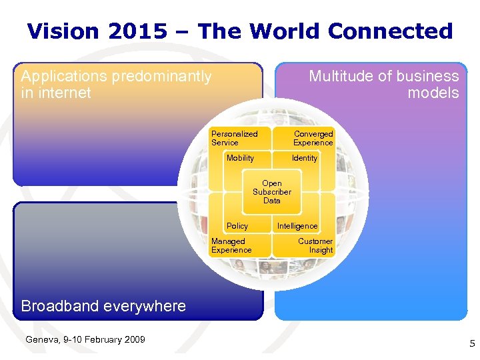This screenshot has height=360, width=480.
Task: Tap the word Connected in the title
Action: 390,31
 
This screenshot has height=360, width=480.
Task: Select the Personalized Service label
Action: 234,138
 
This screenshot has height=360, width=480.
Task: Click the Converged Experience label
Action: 313,138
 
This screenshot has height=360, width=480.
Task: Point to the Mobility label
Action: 240,158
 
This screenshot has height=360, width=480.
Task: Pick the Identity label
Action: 305,158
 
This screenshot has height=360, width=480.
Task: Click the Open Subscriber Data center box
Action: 271,192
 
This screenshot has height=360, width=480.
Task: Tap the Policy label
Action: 237,226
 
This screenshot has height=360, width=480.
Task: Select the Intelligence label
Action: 297,226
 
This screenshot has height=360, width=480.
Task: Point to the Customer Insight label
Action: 315,245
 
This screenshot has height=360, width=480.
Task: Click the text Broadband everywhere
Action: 103,306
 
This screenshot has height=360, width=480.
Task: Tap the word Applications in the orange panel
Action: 63,77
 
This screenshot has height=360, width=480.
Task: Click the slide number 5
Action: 472,344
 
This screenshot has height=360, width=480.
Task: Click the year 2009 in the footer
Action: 134,340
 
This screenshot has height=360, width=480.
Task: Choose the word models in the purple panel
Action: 433,93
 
